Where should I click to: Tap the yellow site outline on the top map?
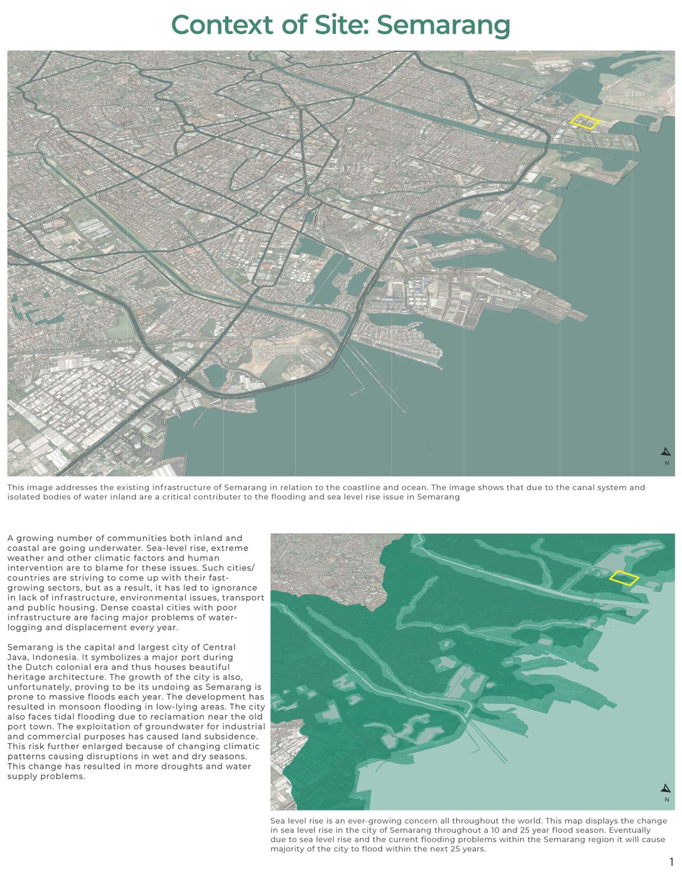[585, 121]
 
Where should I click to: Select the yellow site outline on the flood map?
[623, 578]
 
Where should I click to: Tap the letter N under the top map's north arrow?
[667, 463]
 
